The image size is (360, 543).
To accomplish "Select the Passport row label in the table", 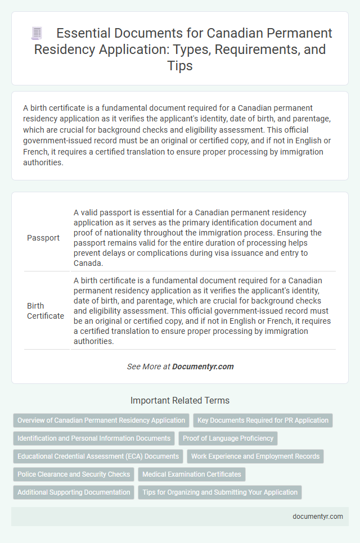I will pyautogui.click(x=43, y=238).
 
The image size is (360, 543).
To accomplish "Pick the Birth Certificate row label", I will pyautogui.click(x=46, y=311).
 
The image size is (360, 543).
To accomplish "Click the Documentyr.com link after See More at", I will pyautogui.click(x=203, y=366).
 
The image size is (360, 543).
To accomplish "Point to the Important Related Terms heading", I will pyautogui.click(x=180, y=401).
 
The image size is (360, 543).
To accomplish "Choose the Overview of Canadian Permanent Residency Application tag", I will pyautogui.click(x=101, y=420).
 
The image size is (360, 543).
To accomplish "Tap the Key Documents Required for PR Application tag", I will pyautogui.click(x=263, y=420).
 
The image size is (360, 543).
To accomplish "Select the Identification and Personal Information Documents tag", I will pyautogui.click(x=94, y=438).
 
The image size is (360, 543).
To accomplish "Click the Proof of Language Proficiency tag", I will pyautogui.click(x=228, y=438).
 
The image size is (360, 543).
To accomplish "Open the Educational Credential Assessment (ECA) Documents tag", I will pyautogui.click(x=98, y=456).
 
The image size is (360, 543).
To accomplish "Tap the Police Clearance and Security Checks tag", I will pyautogui.click(x=74, y=474).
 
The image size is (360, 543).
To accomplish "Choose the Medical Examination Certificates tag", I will pyautogui.click(x=192, y=474).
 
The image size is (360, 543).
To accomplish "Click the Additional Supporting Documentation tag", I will pyautogui.click(x=74, y=492).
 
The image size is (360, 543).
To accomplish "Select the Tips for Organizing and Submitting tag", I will pyautogui.click(x=220, y=492).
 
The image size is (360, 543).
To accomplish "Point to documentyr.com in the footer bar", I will pyautogui.click(x=318, y=517).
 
